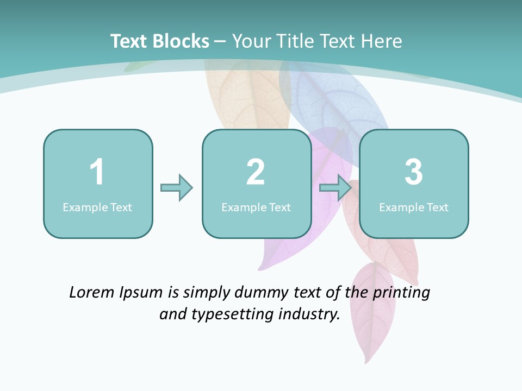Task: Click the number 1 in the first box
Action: pyautogui.click(x=97, y=172)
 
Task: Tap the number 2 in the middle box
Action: pyautogui.click(x=256, y=172)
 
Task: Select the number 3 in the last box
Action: pyautogui.click(x=414, y=172)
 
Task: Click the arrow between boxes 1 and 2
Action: pyautogui.click(x=177, y=188)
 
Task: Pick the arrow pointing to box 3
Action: pyautogui.click(x=335, y=188)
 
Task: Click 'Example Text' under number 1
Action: pyautogui.click(x=97, y=207)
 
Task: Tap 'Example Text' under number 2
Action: pyautogui.click(x=256, y=207)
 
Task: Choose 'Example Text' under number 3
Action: pyautogui.click(x=414, y=207)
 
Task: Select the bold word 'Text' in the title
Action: pyautogui.click(x=129, y=41)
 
